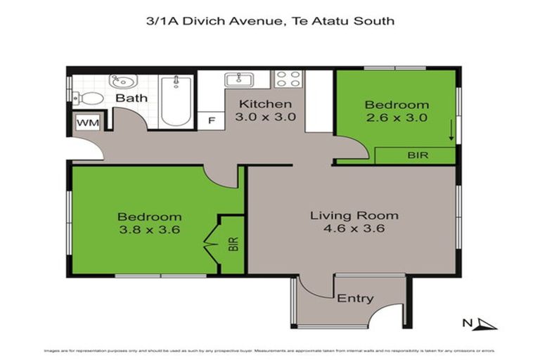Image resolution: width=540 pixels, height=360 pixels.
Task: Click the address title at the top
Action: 269,20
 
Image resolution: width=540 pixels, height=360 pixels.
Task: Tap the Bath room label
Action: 131,98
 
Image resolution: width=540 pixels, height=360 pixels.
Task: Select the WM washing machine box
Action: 87,123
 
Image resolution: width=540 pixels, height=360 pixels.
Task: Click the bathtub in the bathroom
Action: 174,102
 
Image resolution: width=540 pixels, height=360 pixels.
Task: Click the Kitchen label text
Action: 264,104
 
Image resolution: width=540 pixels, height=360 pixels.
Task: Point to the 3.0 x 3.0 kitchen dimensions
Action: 264,117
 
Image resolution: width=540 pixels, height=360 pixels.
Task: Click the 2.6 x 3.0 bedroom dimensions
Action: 396,117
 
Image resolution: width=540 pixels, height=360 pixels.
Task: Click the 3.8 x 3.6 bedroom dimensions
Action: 149,229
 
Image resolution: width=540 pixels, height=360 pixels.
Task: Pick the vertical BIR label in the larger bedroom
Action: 233,245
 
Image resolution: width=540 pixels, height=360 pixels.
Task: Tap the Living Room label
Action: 354,215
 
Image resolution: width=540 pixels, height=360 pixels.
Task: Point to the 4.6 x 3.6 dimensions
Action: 354,228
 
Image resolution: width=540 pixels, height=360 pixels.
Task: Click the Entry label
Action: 355,298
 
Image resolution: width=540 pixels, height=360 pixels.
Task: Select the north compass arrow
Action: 484,323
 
